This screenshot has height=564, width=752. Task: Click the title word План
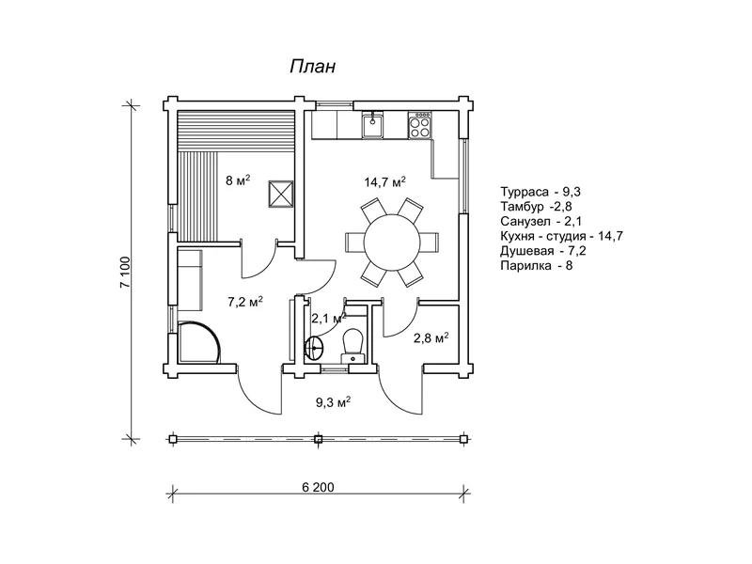click(x=312, y=67)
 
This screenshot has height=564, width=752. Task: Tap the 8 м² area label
click(x=238, y=180)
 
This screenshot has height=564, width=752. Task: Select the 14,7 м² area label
click(x=384, y=181)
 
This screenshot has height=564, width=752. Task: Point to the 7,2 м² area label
click(x=245, y=302)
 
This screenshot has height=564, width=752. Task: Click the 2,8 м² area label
click(x=431, y=337)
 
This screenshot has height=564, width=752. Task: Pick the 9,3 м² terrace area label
click(x=333, y=401)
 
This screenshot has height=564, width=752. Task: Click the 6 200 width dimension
click(x=318, y=487)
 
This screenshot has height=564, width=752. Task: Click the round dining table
click(x=392, y=243)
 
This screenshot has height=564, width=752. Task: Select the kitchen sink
click(x=372, y=124)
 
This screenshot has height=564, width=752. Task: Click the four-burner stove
click(x=419, y=125)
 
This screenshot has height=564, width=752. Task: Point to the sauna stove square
click(x=280, y=194)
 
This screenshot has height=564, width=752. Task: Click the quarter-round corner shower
click(x=198, y=341)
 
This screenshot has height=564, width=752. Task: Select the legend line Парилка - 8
click(x=536, y=265)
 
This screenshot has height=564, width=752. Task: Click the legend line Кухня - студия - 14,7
click(x=561, y=236)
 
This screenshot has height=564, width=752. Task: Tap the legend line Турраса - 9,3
click(x=540, y=192)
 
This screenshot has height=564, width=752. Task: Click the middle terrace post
click(x=318, y=438)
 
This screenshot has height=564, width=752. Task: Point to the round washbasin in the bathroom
click(x=314, y=345)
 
